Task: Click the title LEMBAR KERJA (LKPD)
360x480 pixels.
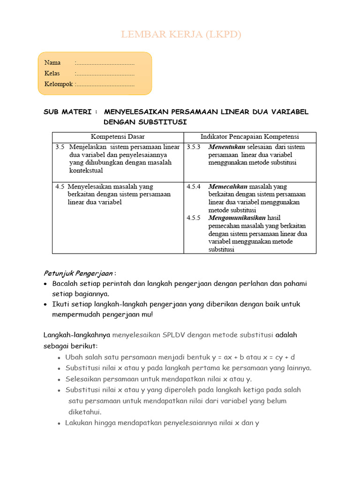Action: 181,35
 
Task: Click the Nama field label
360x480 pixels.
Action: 52,63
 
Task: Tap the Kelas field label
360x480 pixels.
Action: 52,74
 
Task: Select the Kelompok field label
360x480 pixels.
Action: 59,84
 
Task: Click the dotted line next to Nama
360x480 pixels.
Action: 105,63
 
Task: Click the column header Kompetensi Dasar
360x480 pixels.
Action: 118,137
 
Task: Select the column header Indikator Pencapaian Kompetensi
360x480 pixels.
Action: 250,137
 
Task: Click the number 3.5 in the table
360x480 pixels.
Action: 60,147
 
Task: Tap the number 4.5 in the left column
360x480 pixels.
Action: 60,187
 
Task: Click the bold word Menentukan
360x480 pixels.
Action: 227,147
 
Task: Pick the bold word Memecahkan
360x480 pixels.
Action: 228,187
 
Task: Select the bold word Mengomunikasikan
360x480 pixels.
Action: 237,218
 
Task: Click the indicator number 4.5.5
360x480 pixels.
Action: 193,218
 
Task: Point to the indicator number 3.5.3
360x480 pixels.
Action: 193,147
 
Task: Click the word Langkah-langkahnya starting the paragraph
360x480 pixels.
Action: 77,335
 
